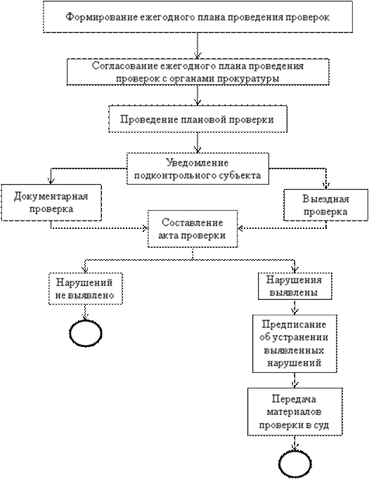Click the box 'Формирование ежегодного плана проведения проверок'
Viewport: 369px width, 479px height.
click(198, 17)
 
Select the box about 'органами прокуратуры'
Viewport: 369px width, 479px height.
click(198, 72)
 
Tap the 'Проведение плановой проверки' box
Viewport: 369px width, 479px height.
click(198, 119)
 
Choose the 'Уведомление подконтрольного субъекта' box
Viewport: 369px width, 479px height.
click(198, 169)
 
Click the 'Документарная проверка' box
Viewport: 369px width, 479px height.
click(51, 202)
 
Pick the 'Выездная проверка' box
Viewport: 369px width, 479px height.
click(326, 205)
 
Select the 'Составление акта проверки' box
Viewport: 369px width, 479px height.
click(193, 229)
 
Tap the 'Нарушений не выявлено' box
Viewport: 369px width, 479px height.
click(86, 289)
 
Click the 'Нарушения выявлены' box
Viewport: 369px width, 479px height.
click(295, 287)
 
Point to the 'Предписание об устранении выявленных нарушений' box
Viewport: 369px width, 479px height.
click(294, 343)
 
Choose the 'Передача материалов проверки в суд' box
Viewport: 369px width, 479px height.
click(294, 412)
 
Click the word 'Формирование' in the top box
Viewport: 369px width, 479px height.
click(101, 17)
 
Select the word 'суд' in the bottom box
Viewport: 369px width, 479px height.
click(321, 425)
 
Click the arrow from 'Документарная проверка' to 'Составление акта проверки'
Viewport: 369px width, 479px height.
click(98, 228)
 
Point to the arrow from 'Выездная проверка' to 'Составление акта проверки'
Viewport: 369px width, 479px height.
click(282, 228)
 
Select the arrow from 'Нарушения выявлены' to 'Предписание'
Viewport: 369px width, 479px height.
click(294, 307)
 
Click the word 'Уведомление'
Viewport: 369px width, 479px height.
click(198, 162)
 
